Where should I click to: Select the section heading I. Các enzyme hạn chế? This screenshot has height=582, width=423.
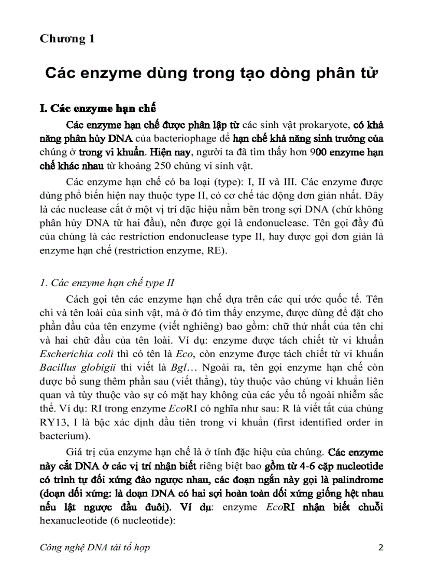point(98,109)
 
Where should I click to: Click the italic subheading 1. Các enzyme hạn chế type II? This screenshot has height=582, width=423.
point(107,283)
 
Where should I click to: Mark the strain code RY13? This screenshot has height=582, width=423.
point(53,422)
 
